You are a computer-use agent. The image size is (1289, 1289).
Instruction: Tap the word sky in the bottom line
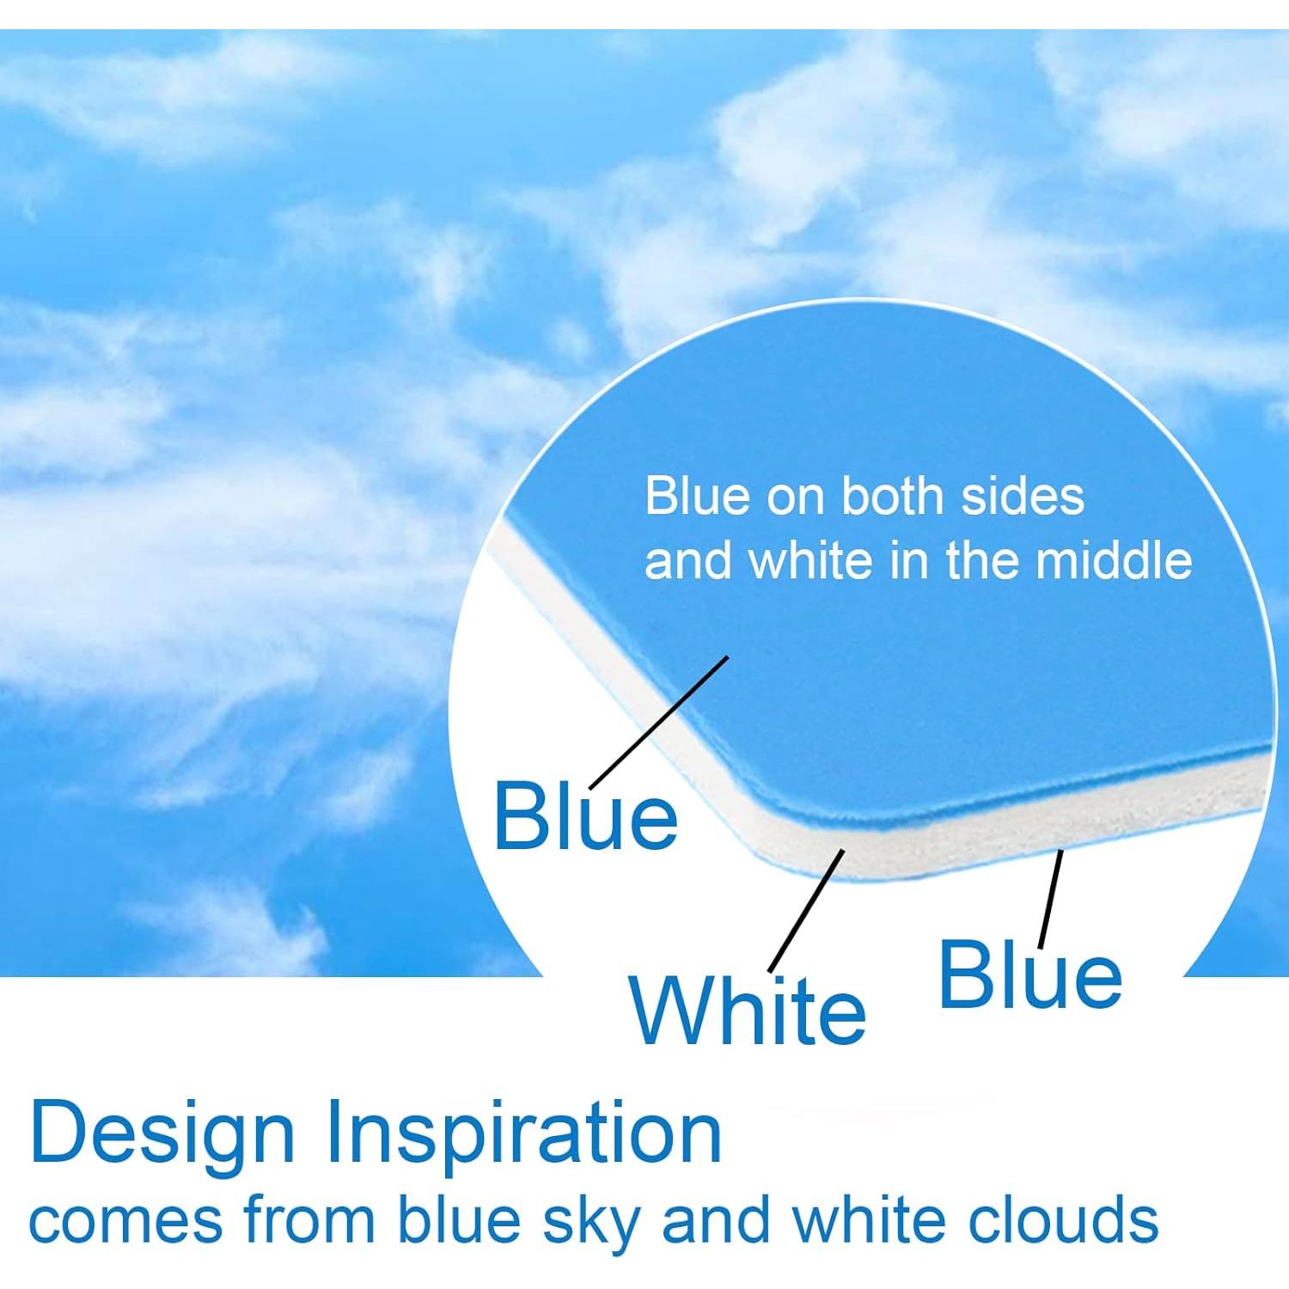(x=589, y=1221)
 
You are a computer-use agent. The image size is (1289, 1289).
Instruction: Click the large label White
(x=748, y=1011)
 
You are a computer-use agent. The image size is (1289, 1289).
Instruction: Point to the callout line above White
(x=807, y=910)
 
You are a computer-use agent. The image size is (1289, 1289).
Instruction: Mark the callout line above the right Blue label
(x=1050, y=898)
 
